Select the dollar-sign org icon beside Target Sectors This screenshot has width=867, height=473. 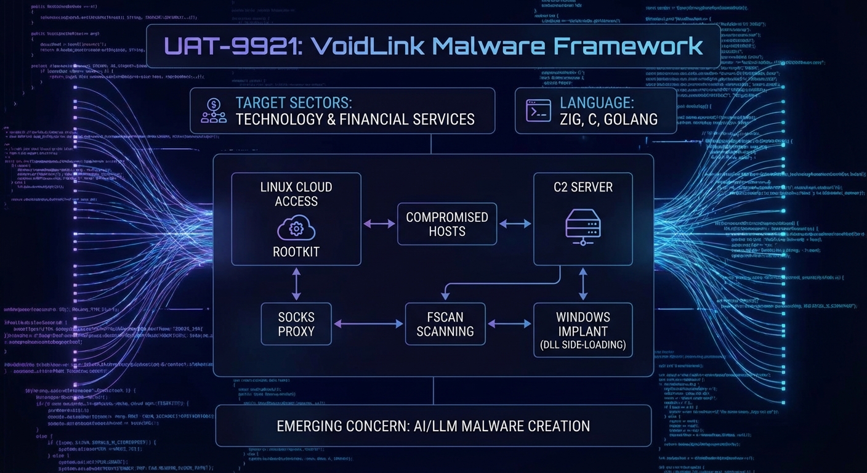click(x=214, y=111)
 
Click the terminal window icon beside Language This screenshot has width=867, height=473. click(x=538, y=111)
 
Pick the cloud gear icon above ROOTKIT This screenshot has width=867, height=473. click(x=296, y=230)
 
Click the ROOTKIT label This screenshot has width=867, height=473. click(x=296, y=251)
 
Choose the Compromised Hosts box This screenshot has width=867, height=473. click(x=446, y=224)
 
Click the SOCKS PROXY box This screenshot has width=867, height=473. click(x=296, y=324)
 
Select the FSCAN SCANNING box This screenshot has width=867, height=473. click(x=445, y=324)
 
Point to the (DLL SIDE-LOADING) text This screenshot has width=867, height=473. click(x=583, y=346)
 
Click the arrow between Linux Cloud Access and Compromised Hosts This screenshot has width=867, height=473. click(x=379, y=224)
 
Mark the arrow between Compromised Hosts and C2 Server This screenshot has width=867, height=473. click(x=515, y=224)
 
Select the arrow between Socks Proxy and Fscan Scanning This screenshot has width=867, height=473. click(x=368, y=323)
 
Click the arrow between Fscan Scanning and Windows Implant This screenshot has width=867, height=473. click(x=509, y=323)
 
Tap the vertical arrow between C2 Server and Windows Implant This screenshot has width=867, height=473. click(x=583, y=284)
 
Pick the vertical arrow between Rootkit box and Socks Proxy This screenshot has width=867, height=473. click(x=296, y=284)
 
